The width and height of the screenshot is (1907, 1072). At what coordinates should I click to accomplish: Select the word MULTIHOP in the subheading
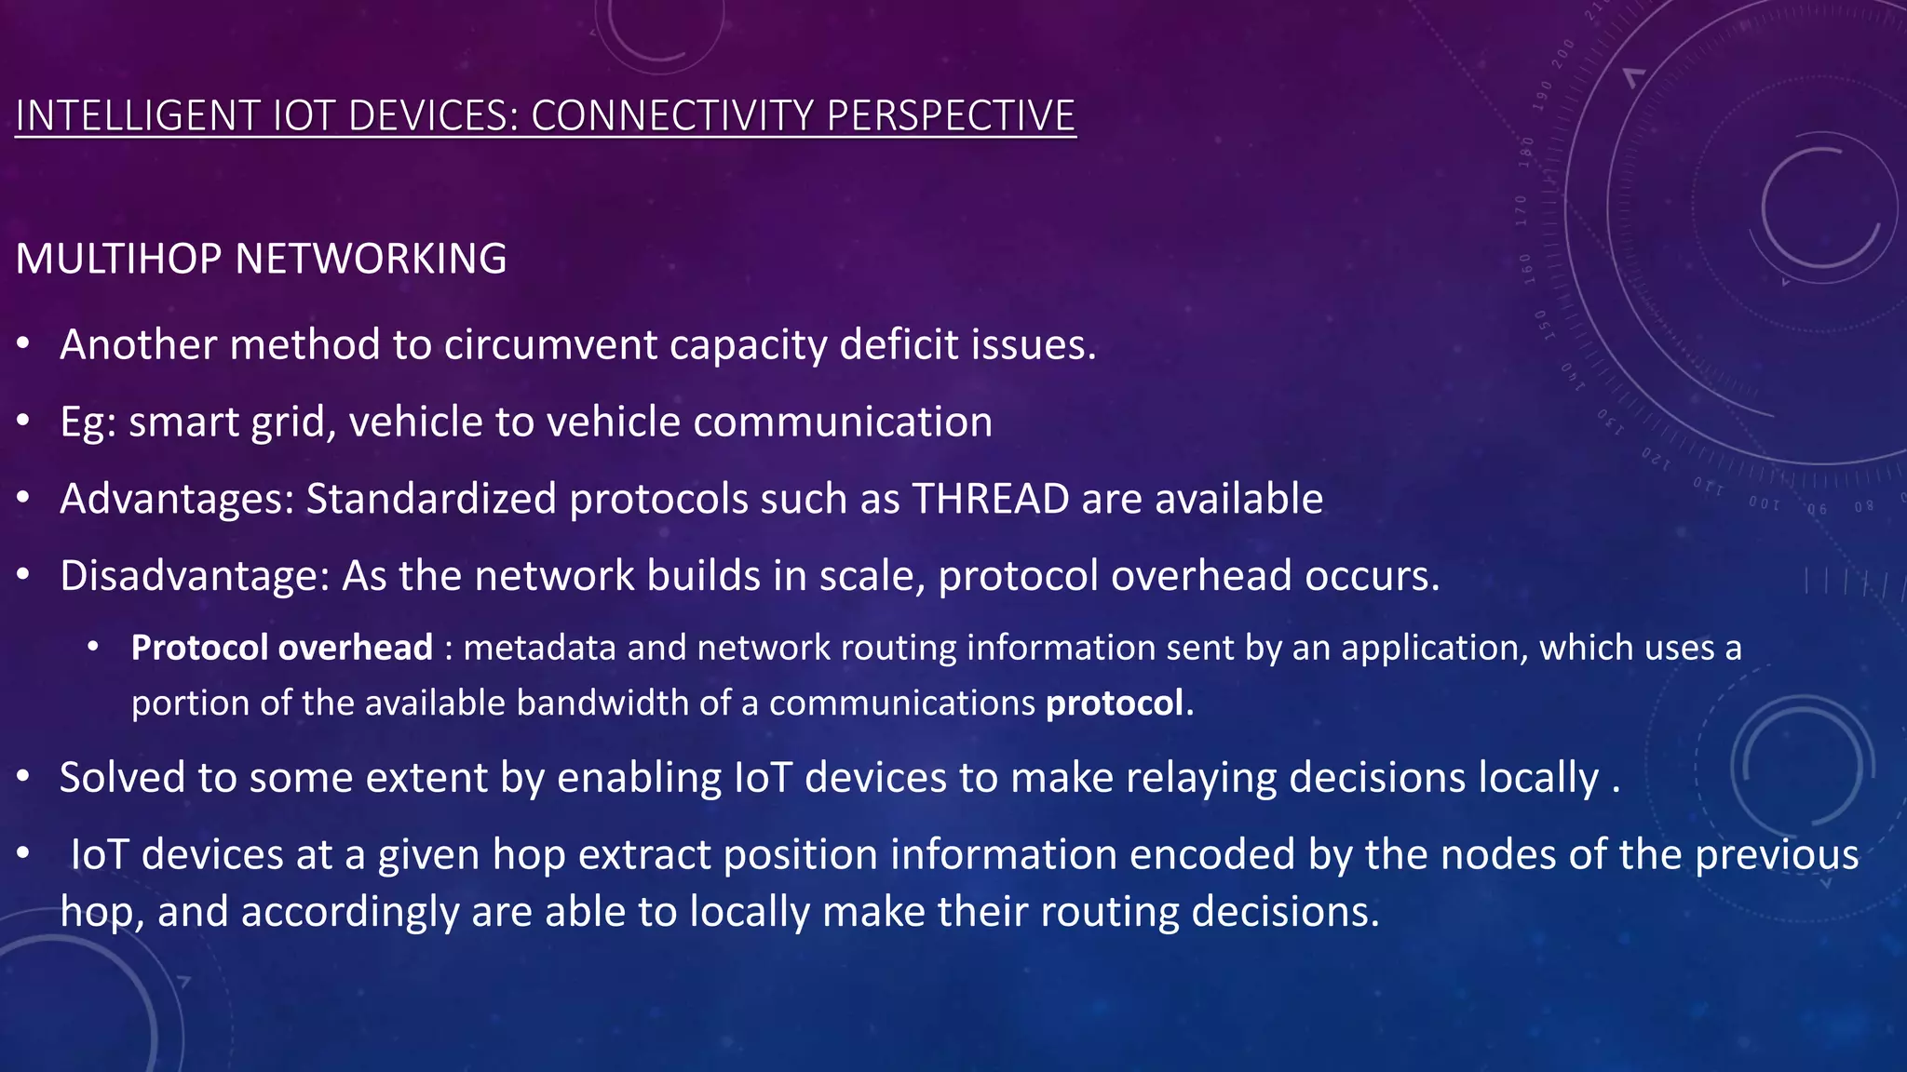tap(119, 259)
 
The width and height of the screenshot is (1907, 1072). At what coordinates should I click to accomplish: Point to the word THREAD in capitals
tap(990, 499)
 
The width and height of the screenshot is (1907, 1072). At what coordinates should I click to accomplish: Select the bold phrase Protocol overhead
tap(281, 648)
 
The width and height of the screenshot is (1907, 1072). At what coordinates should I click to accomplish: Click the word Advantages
tap(176, 499)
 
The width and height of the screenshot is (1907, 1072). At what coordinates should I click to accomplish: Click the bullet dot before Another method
tap(24, 345)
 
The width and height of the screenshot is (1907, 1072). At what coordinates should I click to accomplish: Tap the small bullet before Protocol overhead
tap(93, 648)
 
